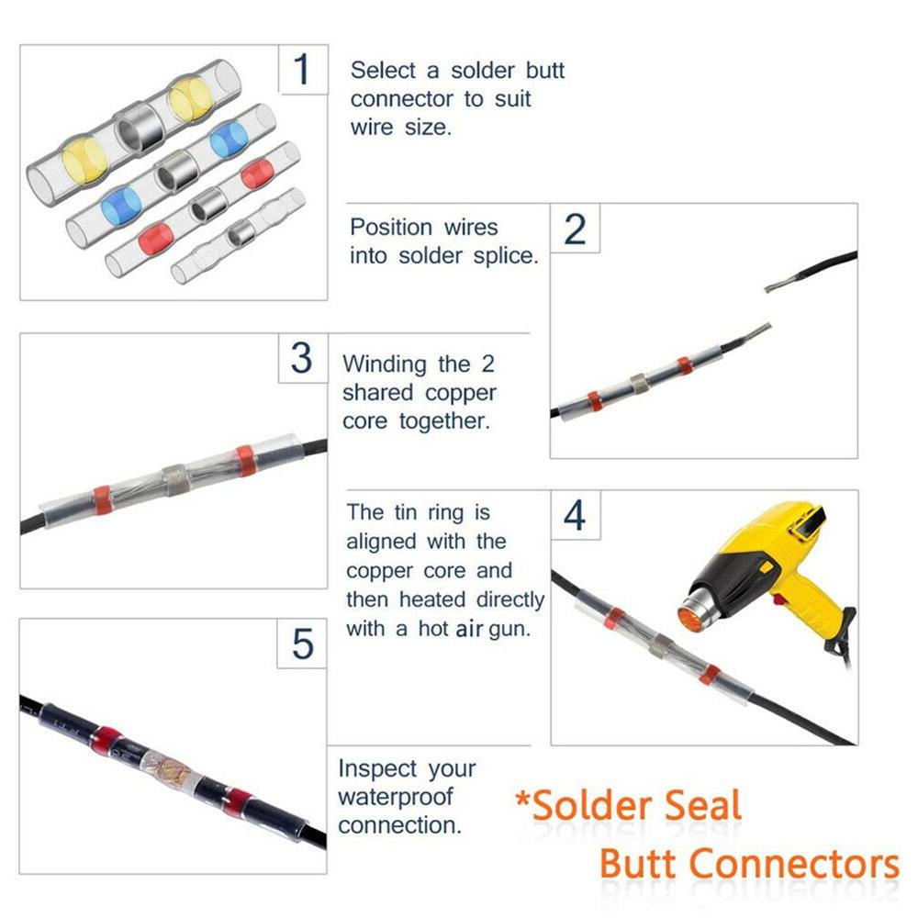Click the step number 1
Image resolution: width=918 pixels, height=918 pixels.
(302, 71)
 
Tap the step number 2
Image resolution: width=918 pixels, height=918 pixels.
(574, 229)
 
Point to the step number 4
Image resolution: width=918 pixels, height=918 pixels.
(574, 516)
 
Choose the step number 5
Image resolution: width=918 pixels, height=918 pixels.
(302, 644)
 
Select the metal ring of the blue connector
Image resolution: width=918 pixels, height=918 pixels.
(172, 172)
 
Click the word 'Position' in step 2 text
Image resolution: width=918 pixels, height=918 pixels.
(391, 227)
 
